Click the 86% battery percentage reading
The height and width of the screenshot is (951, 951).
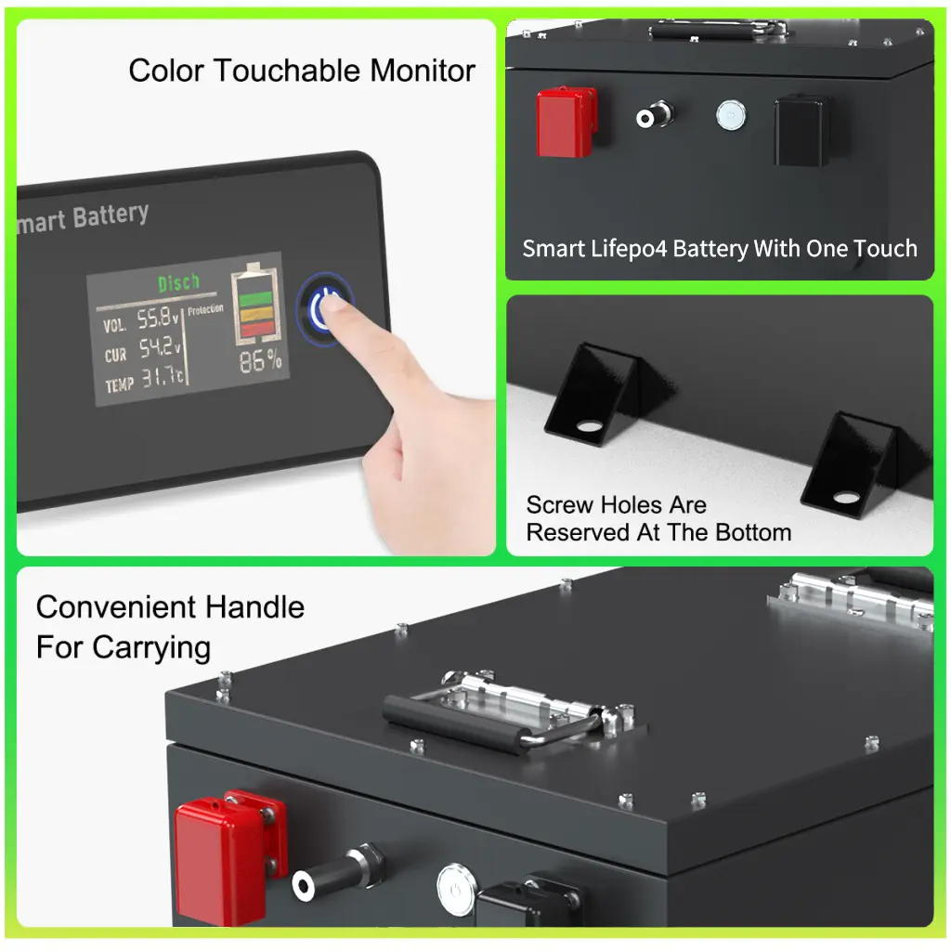(x=260, y=361)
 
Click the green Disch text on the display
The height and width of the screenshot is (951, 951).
(x=178, y=282)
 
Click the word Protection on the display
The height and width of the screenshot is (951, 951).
(x=205, y=310)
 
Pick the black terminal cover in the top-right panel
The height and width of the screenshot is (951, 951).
(x=801, y=130)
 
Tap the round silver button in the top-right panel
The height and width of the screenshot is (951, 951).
(x=731, y=115)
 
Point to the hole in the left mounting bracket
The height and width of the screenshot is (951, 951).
(x=588, y=425)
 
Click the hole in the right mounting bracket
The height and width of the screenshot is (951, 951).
(x=846, y=498)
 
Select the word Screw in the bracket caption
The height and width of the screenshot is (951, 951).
(x=560, y=504)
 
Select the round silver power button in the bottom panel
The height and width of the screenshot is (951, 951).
(x=455, y=889)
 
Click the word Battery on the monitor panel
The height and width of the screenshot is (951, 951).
(x=111, y=215)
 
